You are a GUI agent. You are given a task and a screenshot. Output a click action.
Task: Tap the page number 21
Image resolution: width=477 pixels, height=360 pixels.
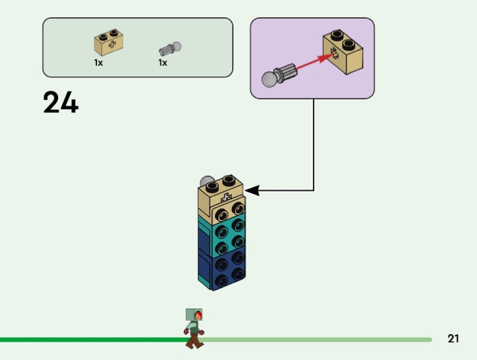click(x=453, y=339)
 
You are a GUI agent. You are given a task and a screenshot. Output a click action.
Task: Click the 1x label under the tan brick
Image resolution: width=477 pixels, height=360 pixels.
click(x=99, y=63)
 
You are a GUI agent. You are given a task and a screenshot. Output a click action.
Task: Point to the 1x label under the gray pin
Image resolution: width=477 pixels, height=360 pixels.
click(x=163, y=63)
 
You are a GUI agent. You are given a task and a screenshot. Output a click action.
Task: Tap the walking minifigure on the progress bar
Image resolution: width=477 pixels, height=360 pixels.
click(x=194, y=328)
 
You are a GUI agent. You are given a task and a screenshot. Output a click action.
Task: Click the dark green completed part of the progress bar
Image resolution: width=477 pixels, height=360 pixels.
click(x=91, y=340)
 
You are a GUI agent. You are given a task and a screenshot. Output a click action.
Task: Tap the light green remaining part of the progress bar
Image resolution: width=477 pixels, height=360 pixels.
click(x=318, y=340)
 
